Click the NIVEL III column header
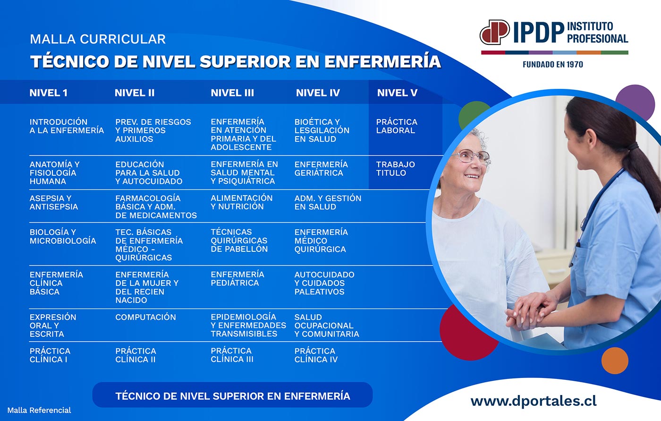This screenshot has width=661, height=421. [x=232, y=93]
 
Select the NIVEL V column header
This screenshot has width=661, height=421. [x=397, y=93]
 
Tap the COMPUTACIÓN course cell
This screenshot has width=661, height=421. [x=145, y=317]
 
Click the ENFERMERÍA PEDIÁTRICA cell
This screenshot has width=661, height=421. [x=237, y=279]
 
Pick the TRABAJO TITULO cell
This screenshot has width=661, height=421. [x=396, y=169]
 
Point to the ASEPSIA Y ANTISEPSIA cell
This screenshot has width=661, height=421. [x=54, y=203]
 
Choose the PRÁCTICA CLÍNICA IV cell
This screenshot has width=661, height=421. [x=316, y=355]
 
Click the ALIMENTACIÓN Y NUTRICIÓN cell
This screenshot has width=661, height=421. [x=241, y=202]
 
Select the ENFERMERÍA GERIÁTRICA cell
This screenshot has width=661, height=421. [x=321, y=169]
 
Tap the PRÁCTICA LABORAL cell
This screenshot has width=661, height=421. [x=397, y=126]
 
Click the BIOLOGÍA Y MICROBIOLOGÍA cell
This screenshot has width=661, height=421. [x=63, y=236]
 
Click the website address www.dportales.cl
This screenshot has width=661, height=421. [x=534, y=401]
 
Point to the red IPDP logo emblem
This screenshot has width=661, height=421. [x=495, y=32]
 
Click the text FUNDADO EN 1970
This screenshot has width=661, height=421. [x=553, y=65]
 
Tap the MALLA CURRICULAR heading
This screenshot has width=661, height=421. [x=98, y=39]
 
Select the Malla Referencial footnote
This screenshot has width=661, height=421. [x=39, y=411]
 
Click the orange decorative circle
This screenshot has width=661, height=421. [x=615, y=361]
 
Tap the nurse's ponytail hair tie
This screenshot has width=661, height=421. [x=633, y=146]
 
